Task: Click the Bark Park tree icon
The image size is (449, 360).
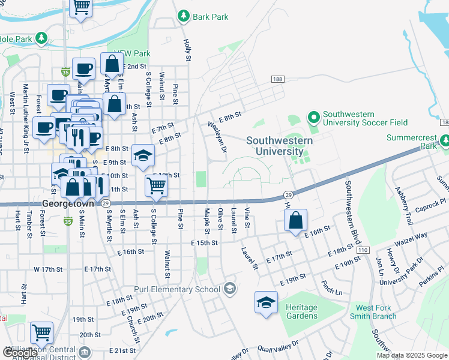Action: [184, 16]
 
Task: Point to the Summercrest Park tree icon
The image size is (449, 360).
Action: [444, 141]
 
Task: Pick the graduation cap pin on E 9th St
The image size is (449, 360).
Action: [143, 156]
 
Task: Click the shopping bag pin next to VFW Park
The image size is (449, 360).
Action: [112, 63]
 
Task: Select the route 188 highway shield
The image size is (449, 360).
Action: [277, 79]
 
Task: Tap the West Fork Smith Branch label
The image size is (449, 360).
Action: [373, 312]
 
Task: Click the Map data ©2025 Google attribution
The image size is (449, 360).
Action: [412, 355]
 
